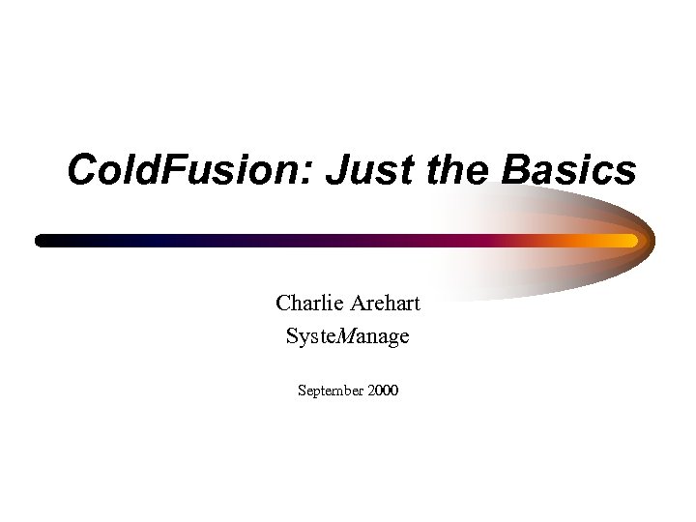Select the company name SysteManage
coord(347,336)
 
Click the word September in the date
coord(331,391)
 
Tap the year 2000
coord(383,391)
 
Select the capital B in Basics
coord(518,171)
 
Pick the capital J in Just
coord(335,171)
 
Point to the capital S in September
coord(302,391)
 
